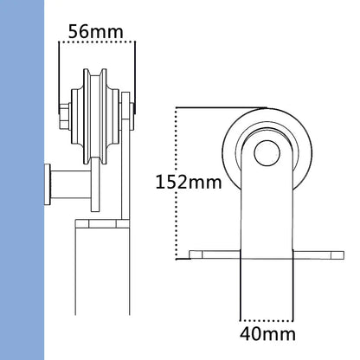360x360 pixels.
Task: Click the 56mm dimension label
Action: (96, 32)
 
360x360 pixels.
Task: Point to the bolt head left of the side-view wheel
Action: (66, 112)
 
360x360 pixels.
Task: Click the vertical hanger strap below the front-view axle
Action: (266, 208)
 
